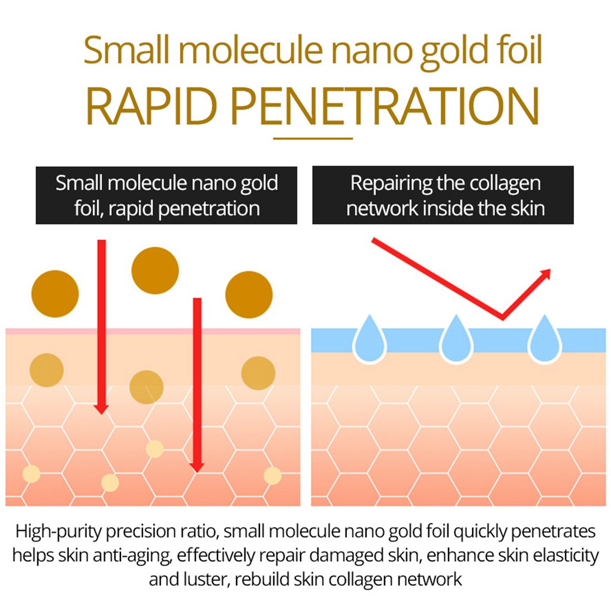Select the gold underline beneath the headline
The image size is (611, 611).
click(313, 138)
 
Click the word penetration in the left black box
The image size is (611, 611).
click(209, 209)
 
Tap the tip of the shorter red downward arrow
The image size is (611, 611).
click(101, 414)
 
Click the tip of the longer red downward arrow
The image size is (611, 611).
click(197, 472)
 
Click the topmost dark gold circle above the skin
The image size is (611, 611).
click(155, 270)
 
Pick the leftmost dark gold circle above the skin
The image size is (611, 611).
click(55, 294)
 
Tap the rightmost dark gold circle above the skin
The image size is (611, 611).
click(249, 295)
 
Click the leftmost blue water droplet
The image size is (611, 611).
click(370, 339)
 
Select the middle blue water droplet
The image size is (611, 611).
click(456, 339)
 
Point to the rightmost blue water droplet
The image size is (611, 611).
click(545, 339)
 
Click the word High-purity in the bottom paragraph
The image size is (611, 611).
click(59, 532)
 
